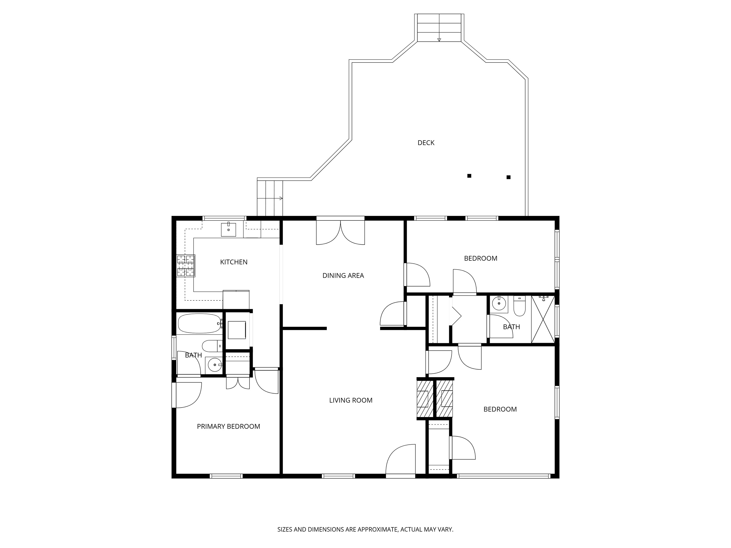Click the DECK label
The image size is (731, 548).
click(x=426, y=143)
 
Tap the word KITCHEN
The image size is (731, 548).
click(x=234, y=262)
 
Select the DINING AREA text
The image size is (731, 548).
click(x=343, y=275)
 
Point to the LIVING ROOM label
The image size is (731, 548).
click(x=351, y=400)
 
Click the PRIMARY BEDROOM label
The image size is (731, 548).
click(x=228, y=426)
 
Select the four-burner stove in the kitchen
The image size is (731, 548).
click(x=186, y=266)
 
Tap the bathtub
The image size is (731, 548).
click(x=200, y=323)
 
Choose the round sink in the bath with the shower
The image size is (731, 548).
click(x=498, y=303)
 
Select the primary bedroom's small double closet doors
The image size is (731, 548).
click(x=238, y=383)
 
